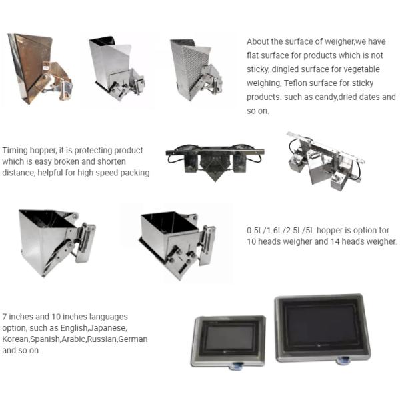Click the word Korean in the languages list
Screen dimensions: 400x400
click(16, 339)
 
